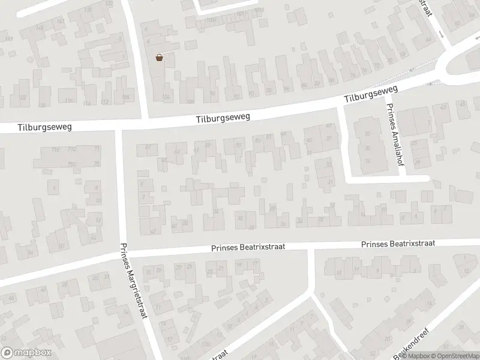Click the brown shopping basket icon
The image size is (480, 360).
[160, 58]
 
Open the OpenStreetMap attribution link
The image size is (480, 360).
[454, 356]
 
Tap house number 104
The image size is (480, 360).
[167, 97]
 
